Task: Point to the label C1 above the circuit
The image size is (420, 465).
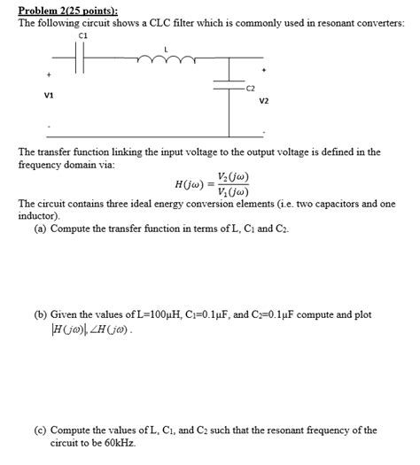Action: pyautogui.click(x=83, y=36)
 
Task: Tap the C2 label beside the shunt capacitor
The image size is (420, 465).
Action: pyautogui.click(x=250, y=89)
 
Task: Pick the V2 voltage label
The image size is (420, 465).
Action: pyautogui.click(x=264, y=101)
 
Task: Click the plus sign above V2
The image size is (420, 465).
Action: pyautogui.click(x=263, y=67)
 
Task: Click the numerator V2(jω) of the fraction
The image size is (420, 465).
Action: pyautogui.click(x=231, y=177)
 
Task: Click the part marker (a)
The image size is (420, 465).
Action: pyautogui.click(x=42, y=229)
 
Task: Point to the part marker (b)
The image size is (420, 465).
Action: pyautogui.click(x=42, y=314)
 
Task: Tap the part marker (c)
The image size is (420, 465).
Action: pyautogui.click(x=42, y=431)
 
